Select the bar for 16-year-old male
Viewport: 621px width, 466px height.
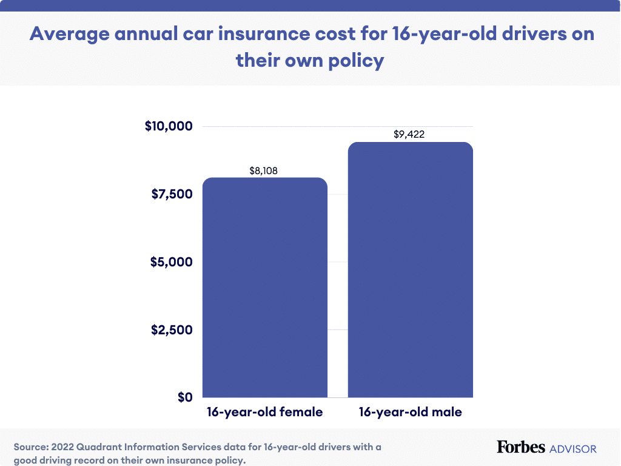click(410, 269)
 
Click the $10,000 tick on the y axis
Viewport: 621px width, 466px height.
click(168, 127)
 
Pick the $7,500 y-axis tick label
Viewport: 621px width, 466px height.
click(171, 194)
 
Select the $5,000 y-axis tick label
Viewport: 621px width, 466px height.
click(171, 262)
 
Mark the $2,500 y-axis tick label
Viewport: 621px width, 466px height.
click(171, 330)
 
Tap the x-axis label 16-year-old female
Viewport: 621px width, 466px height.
click(264, 413)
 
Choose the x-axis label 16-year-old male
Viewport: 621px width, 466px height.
click(410, 413)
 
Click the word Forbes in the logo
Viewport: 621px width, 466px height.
click(520, 447)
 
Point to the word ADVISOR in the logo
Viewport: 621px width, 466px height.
click(572, 449)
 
